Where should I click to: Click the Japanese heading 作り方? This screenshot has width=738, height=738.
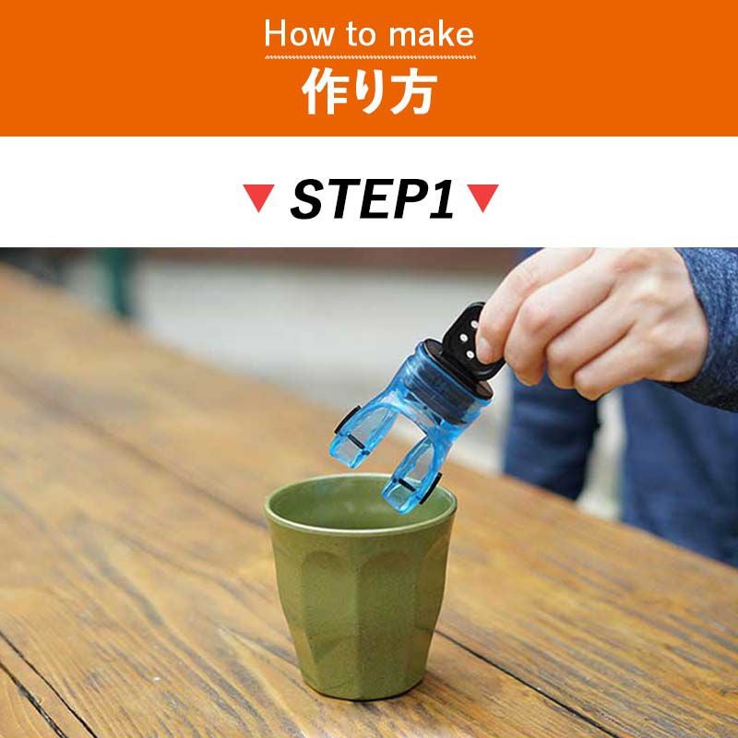coord(369,93)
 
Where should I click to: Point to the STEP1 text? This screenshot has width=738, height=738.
coord(372,200)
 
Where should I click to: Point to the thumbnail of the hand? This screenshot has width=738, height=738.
coord(487,348)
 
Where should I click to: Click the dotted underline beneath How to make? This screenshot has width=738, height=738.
coord(370,57)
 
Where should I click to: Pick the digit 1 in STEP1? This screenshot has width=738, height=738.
coord(443,200)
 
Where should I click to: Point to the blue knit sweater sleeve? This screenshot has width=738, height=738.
coord(706,325)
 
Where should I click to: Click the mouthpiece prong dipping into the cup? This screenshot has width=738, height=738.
coord(409,485)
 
